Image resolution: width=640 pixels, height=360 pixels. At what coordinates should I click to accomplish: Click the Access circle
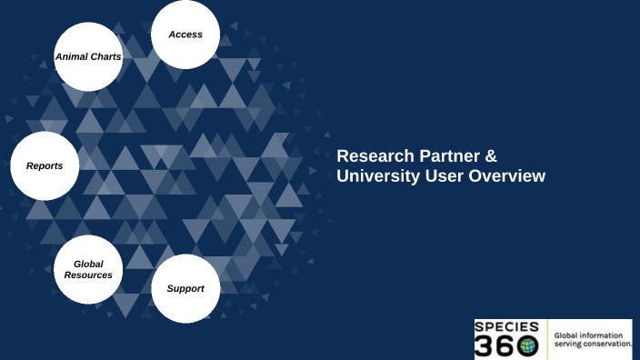185,35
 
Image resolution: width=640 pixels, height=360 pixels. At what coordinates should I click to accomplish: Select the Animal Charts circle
88,56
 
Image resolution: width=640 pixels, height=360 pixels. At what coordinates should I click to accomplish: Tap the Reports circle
45,165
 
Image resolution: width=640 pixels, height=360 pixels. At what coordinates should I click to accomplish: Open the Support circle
185,288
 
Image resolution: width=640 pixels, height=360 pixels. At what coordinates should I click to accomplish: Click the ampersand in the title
491,156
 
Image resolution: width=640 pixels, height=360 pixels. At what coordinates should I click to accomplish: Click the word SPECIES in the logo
506,326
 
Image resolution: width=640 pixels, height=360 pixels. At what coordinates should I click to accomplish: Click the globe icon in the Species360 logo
526,346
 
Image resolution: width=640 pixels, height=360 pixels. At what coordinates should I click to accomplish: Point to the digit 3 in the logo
485,346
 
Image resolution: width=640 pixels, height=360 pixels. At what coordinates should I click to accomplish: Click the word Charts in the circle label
105,56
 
